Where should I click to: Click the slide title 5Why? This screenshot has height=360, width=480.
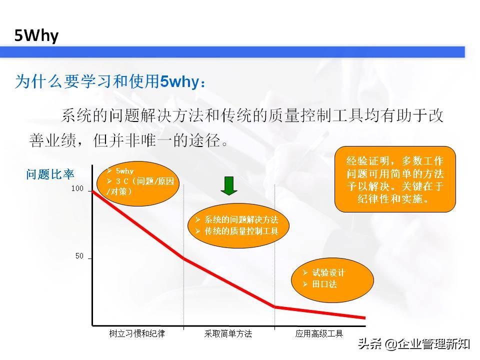36,35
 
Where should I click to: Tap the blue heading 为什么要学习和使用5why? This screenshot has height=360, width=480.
110,81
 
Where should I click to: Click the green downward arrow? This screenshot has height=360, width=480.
229,186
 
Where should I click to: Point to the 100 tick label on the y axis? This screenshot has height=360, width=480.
77,188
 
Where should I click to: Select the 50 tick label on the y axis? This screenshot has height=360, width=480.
79,256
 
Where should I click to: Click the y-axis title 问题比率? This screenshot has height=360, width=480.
50,174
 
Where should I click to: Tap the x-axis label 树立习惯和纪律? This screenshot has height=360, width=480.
137,333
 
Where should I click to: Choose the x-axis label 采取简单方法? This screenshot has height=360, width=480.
228,333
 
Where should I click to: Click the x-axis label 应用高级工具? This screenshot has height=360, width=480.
319,333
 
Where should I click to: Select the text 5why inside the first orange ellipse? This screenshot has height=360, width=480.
124,171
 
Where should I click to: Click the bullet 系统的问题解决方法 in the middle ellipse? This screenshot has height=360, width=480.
241,219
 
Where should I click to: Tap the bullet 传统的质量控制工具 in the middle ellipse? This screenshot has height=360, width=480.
241,231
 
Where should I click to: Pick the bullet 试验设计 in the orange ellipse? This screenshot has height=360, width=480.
328,272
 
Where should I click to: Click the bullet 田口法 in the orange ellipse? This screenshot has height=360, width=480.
324,284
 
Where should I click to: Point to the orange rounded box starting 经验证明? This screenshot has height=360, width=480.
395,179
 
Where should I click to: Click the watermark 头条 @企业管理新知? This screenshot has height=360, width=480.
414,344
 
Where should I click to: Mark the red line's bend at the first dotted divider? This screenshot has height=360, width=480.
183,258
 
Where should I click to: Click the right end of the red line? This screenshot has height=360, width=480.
365,318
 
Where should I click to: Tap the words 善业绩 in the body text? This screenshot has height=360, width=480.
52,140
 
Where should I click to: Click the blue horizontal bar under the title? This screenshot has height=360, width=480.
232,52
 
